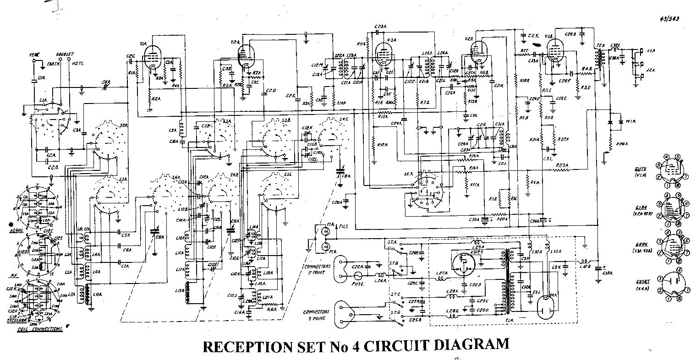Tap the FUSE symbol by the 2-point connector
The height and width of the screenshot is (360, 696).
[x=358, y=276]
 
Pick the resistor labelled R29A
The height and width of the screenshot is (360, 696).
[x=609, y=145]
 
